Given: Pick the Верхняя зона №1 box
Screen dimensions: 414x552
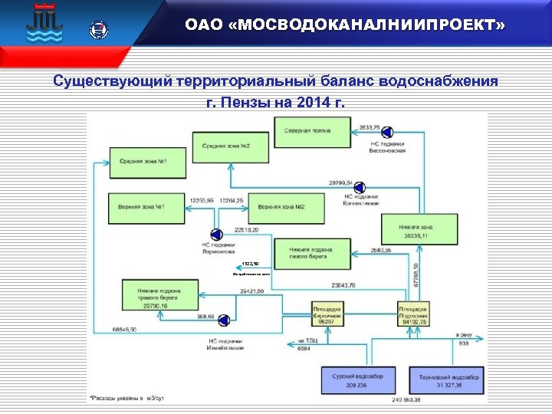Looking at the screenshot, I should click(146, 208).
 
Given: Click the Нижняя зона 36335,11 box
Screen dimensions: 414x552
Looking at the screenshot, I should click(416, 232).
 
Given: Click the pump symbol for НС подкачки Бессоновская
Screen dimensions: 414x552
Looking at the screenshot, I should click(386, 131).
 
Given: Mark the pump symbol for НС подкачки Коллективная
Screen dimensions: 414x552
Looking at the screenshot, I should click(360, 186).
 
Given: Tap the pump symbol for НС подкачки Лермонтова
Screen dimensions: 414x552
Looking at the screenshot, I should click(216, 234).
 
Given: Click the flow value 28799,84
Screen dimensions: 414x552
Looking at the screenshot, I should click(340, 183).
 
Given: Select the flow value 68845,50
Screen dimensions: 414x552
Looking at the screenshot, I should click(123, 330).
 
